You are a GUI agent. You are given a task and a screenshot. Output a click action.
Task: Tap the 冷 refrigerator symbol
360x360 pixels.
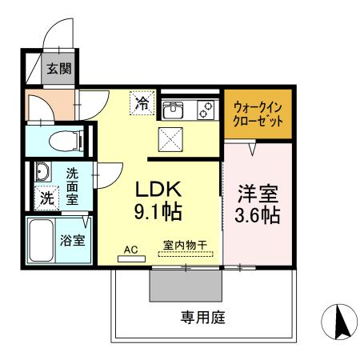tap(142, 102)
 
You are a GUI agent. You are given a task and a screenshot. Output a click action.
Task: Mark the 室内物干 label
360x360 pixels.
tap(185, 250)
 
